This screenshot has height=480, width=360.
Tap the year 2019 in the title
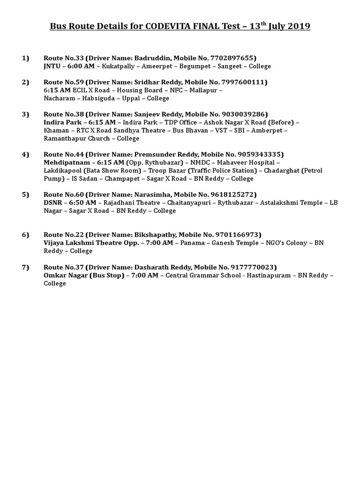[x=296, y=26]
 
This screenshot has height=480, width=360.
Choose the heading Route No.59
[x=64, y=82]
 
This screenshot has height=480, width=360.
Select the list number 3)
[x=25, y=114]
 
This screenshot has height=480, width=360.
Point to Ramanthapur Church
[x=77, y=138]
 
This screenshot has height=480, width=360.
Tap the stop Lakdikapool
[x=63, y=171]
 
